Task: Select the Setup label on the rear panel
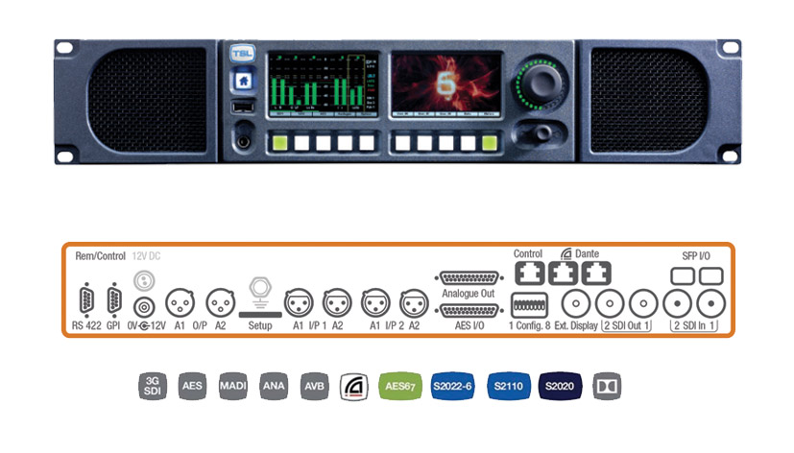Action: point(258,325)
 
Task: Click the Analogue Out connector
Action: point(468,277)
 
